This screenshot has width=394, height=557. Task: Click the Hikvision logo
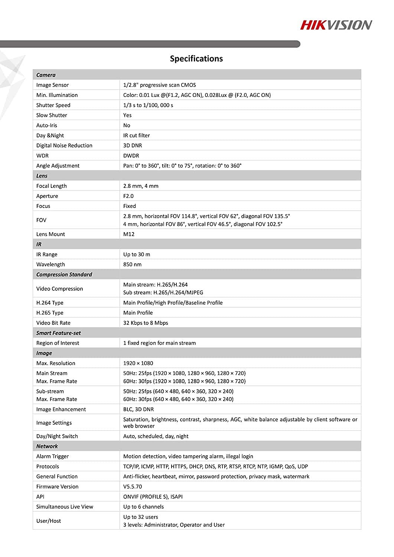[x=336, y=25]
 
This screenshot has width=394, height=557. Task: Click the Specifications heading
[x=196, y=59]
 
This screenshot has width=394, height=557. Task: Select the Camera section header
[x=46, y=75]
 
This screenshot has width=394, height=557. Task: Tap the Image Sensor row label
[x=52, y=85]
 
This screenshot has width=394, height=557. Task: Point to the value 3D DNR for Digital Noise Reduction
[x=133, y=146]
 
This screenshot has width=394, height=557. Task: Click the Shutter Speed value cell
[x=148, y=105]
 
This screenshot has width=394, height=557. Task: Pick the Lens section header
[x=42, y=176]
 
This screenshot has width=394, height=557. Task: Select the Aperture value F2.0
[x=128, y=196]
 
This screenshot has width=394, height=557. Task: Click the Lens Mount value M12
[x=129, y=234]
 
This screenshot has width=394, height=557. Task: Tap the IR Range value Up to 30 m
[x=137, y=254]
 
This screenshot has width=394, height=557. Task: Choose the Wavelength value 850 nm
[x=132, y=264]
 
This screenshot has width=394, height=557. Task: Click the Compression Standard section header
[x=64, y=275]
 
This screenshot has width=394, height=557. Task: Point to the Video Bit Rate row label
[x=53, y=323]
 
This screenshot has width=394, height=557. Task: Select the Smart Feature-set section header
[x=58, y=333]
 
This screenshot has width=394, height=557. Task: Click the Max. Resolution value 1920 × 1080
[x=138, y=363]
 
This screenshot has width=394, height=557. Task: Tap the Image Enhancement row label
[x=61, y=409]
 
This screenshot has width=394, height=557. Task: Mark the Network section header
[x=47, y=446]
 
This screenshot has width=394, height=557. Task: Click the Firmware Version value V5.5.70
[x=133, y=486]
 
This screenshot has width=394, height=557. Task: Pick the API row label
[x=40, y=496]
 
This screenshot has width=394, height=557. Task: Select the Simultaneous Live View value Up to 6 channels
[x=143, y=506]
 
